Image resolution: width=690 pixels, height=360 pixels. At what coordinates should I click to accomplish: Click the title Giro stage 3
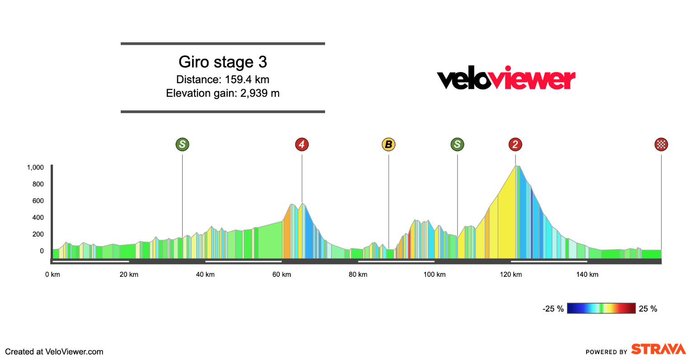click(222, 62)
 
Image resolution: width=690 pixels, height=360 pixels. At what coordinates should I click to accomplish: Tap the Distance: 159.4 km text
click(222, 80)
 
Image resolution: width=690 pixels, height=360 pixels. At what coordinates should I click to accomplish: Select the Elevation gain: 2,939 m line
click(222, 94)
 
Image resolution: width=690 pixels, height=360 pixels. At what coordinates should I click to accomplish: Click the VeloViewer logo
click(506, 79)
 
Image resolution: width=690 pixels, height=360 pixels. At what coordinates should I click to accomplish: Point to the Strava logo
click(658, 349)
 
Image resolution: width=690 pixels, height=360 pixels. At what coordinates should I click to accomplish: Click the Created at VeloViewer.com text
click(54, 352)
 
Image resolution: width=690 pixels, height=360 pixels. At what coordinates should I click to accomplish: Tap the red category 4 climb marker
click(302, 145)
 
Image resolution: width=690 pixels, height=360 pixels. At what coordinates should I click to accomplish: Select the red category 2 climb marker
click(515, 145)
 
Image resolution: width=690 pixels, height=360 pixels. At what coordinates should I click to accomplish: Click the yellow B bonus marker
click(388, 145)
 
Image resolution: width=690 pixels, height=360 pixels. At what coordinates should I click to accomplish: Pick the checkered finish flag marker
click(661, 145)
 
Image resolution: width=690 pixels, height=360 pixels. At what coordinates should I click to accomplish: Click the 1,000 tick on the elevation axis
click(35, 167)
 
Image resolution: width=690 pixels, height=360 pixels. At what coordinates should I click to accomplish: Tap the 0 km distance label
click(52, 275)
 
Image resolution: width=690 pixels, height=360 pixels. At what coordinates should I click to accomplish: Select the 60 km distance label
click(281, 275)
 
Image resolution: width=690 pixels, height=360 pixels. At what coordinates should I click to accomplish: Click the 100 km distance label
click(434, 275)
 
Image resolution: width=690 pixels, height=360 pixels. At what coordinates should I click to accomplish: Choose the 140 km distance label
click(587, 275)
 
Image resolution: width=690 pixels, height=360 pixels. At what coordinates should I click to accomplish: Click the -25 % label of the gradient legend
click(553, 309)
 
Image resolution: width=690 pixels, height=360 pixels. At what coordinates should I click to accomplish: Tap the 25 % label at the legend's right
click(648, 309)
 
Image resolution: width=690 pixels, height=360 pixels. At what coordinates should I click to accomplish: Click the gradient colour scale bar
click(601, 308)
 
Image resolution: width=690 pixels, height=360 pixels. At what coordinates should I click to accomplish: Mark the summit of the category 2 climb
click(516, 166)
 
